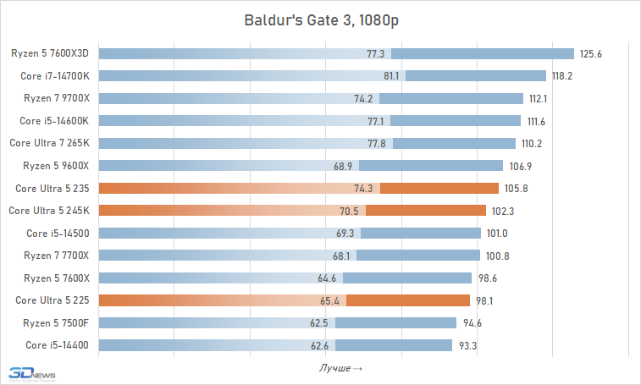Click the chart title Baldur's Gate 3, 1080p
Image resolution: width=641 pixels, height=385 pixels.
(x=320, y=19)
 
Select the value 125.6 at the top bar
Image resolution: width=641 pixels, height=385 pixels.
(x=590, y=53)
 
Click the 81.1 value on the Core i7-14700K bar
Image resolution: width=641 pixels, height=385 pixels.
(x=392, y=75)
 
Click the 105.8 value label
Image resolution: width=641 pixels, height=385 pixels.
(x=515, y=188)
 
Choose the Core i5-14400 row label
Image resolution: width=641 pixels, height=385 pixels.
(x=58, y=344)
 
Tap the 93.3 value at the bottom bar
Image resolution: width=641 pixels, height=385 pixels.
(x=467, y=344)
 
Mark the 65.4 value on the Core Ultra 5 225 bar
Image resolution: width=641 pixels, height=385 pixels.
(x=333, y=300)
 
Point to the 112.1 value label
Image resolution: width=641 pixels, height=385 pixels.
(x=539, y=98)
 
